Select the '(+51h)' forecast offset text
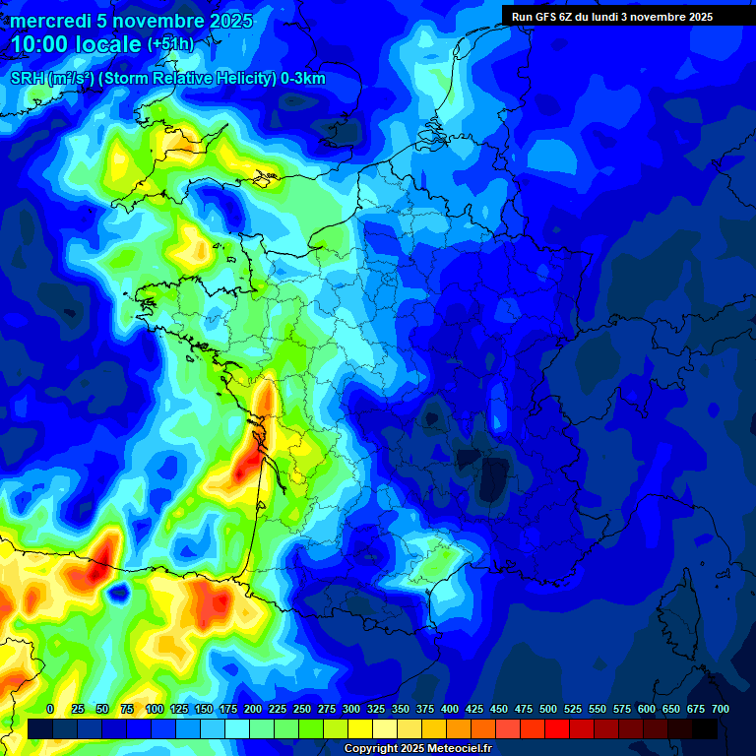click(170, 45)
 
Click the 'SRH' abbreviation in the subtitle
click(28, 79)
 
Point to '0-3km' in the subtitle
click(303, 79)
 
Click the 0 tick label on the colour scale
click(50, 709)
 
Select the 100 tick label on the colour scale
click(155, 709)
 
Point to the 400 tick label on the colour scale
click(450, 709)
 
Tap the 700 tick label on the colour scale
click(720, 709)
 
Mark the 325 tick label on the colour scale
click(376, 709)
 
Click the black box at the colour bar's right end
click(705, 729)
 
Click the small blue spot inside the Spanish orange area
click(120, 593)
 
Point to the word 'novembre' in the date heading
click(152, 21)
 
